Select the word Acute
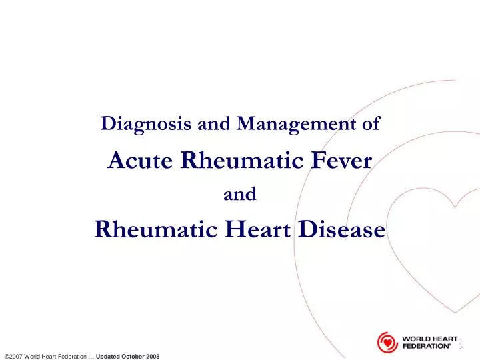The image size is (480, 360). (x=142, y=159)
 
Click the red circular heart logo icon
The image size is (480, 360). (x=387, y=342)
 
